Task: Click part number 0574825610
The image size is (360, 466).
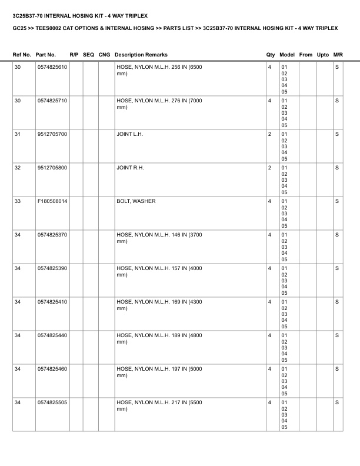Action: pyautogui.click(x=52, y=68)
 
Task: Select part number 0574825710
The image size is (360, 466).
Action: pyautogui.click(x=52, y=101)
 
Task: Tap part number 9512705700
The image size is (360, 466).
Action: pyautogui.click(x=52, y=135)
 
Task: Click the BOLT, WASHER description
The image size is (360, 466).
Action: pyautogui.click(x=136, y=201)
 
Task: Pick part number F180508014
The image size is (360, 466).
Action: pyautogui.click(x=52, y=201)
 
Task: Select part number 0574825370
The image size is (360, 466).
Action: pyautogui.click(x=52, y=235)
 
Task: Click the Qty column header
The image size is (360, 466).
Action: pyautogui.click(x=271, y=55)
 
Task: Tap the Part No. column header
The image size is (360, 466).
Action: pyautogui.click(x=46, y=55)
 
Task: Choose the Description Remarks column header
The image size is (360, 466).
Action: pyautogui.click(x=141, y=55)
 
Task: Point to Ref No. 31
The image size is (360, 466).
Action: pyautogui.click(x=18, y=135)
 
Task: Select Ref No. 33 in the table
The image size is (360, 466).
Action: pyautogui.click(x=18, y=201)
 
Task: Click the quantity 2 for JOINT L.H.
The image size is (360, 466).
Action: pyautogui.click(x=269, y=135)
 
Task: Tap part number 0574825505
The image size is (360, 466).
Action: pyautogui.click(x=52, y=402)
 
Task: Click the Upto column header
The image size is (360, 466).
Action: pyautogui.click(x=323, y=55)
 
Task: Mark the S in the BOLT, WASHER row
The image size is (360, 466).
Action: pyautogui.click(x=337, y=201)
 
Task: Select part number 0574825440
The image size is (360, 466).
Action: pyautogui.click(x=52, y=335)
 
